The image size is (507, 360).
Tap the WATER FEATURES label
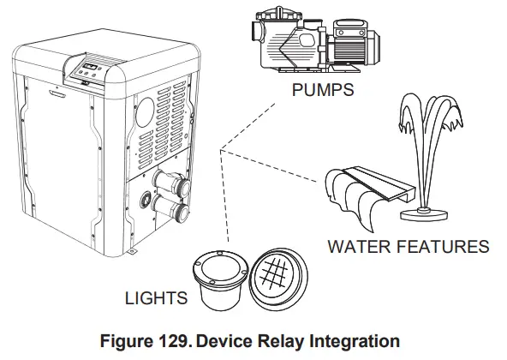(x=408, y=247)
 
